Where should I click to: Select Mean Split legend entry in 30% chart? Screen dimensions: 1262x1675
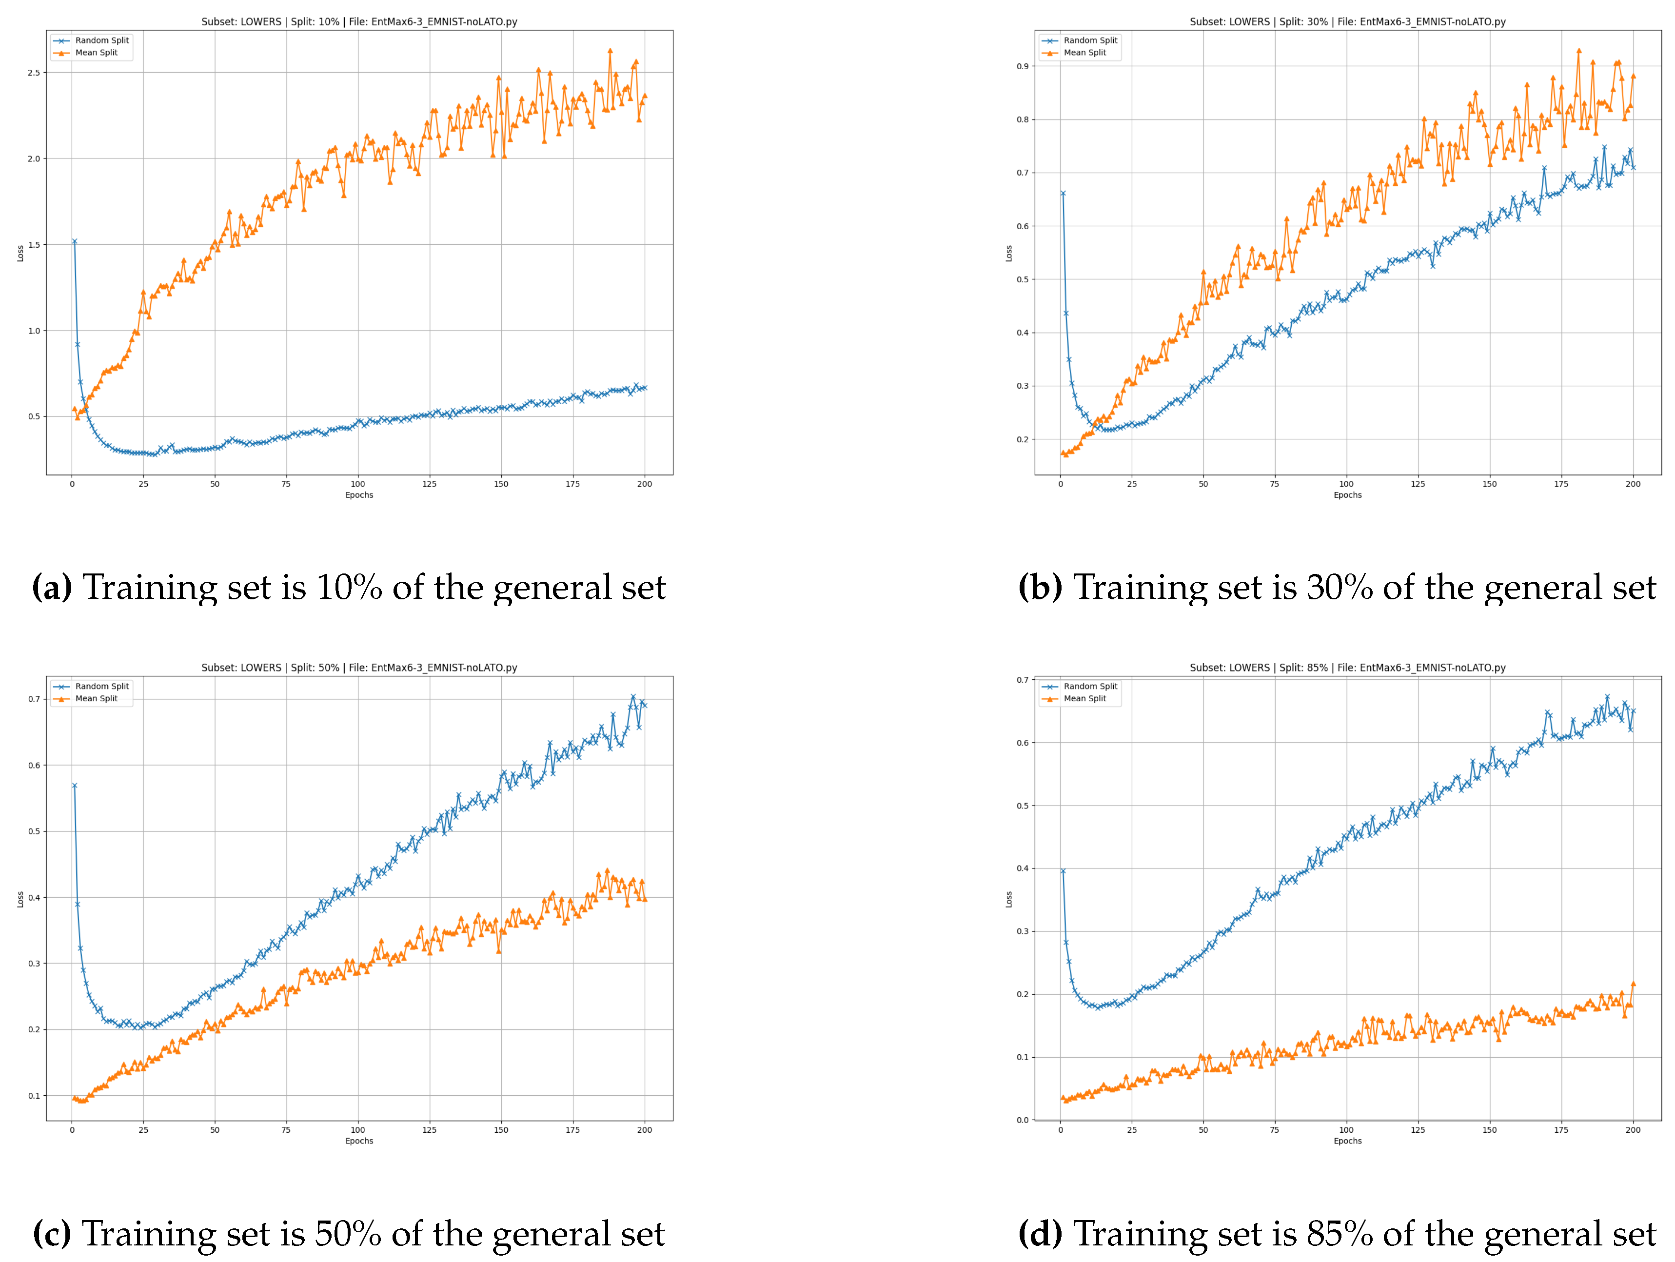click(1084, 53)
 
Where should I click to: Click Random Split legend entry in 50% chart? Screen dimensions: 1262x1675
click(101, 687)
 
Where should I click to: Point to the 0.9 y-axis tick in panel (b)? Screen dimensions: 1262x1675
click(1022, 67)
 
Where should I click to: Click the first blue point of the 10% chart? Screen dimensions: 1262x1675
click(74, 241)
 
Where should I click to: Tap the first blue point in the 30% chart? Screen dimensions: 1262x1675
click(1063, 193)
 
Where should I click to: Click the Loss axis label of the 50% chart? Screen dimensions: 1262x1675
click(20, 899)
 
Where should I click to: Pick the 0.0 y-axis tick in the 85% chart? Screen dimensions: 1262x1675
click(1022, 1120)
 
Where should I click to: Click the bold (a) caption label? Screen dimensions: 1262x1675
click(52, 588)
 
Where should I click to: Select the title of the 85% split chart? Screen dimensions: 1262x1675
click(1347, 668)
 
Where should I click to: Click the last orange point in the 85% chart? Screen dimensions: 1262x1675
click(1634, 984)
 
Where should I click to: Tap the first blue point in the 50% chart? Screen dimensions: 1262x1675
click(74, 785)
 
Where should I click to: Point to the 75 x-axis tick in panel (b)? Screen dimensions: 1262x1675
click(1275, 484)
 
